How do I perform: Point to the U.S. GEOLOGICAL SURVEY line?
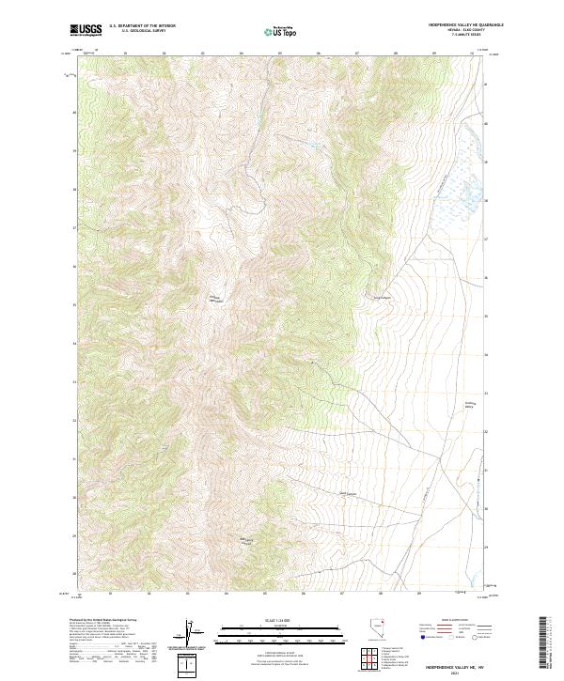[x=137, y=32]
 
